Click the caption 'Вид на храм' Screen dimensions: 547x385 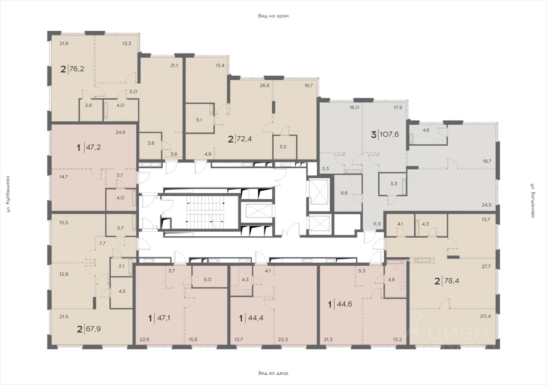[x=273, y=16]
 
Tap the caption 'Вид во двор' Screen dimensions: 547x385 [x=273, y=373]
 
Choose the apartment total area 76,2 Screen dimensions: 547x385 [x=76, y=69]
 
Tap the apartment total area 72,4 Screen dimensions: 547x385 [x=244, y=139]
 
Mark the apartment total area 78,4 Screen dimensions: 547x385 [x=452, y=281]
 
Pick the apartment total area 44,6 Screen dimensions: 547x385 [x=344, y=304]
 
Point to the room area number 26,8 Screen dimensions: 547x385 [x=265, y=85]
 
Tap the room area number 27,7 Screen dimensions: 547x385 [x=486, y=267]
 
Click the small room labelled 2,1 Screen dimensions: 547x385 [x=121, y=266]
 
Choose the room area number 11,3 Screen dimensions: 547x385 [x=377, y=223]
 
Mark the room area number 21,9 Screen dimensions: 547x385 [x=64, y=44]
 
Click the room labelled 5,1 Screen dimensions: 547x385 [x=199, y=120]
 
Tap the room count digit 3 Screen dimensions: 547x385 [x=373, y=134]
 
